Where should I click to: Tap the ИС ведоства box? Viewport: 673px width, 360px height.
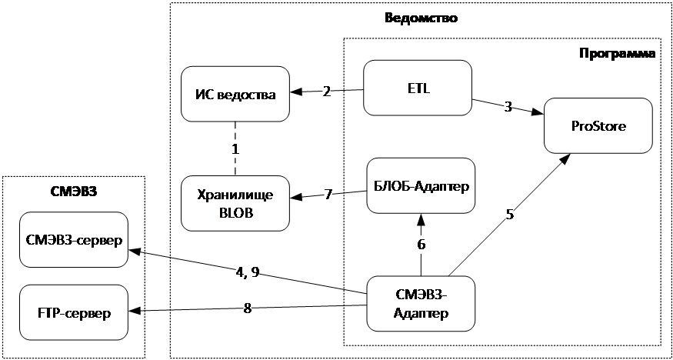(235, 94)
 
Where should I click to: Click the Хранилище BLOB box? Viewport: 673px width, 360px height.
(235, 202)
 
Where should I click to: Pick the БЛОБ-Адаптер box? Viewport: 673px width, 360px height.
(421, 185)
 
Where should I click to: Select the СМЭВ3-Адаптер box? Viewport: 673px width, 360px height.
(421, 305)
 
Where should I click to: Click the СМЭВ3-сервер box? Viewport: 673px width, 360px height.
(73, 239)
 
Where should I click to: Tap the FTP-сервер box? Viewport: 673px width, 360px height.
(73, 313)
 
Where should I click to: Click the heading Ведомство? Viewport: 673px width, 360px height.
(421, 18)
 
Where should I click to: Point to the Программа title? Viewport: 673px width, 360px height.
(616, 54)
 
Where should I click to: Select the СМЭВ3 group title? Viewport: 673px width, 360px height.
(73, 191)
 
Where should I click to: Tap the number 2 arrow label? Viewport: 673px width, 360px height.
(327, 92)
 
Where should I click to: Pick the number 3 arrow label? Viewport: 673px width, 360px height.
(508, 107)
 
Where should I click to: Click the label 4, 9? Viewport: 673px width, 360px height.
(248, 272)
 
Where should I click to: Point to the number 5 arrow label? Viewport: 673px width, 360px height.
(510, 215)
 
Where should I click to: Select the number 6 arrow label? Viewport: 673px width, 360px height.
(421, 245)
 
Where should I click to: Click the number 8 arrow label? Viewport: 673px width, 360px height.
(248, 308)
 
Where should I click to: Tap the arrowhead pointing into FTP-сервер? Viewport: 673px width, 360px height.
(135, 312)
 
